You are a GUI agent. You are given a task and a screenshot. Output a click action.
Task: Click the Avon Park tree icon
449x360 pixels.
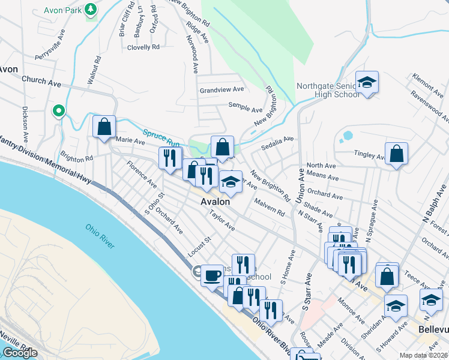pos(91,10)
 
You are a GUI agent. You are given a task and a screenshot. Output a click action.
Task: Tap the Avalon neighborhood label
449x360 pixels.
pos(215,202)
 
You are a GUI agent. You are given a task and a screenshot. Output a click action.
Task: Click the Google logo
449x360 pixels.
pos(20,353)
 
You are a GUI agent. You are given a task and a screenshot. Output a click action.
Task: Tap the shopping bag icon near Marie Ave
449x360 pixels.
pos(104,127)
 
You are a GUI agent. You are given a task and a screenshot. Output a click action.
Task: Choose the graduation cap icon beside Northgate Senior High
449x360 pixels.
pos(367,83)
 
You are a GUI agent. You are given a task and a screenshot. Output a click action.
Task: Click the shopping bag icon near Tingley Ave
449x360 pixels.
pos(397,154)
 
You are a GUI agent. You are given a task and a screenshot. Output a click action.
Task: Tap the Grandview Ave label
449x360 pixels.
pos(222,89)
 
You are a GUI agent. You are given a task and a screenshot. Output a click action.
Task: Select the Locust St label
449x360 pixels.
pos(200,247)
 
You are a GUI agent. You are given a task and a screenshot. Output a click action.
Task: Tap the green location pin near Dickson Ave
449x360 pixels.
pos(58,111)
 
